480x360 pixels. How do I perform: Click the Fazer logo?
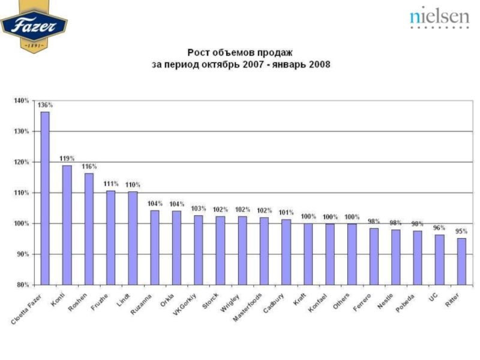(x=34, y=26)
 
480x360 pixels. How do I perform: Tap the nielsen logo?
(x=439, y=18)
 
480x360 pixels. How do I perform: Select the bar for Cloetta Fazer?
(x=45, y=198)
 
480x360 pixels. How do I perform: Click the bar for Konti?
(x=67, y=225)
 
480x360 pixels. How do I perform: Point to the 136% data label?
(x=45, y=105)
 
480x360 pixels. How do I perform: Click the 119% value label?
(x=67, y=158)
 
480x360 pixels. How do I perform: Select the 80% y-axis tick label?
(x=22, y=285)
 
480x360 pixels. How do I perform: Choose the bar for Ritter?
(x=461, y=262)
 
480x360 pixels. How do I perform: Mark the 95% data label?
(x=461, y=231)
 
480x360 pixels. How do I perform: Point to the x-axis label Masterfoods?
(x=248, y=307)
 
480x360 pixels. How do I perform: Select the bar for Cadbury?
(x=286, y=252)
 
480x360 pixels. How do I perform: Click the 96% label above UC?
(x=440, y=227)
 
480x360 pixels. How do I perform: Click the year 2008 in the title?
(x=319, y=64)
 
